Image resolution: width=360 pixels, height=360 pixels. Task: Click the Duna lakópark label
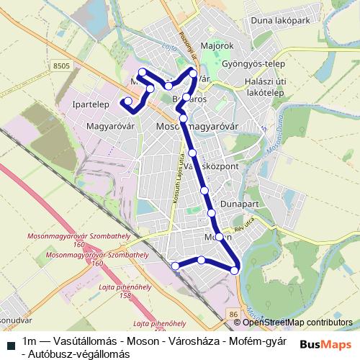pyautogui.click(x=282, y=21)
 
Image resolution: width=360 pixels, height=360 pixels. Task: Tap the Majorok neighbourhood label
pyautogui.click(x=220, y=46)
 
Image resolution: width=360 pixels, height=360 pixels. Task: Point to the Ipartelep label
pyautogui.click(x=91, y=105)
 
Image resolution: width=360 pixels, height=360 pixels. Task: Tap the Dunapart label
pyautogui.click(x=240, y=204)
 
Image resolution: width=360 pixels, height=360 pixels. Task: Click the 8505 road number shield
pyautogui.click(x=62, y=66)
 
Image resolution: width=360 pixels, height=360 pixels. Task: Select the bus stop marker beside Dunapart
pyautogui.click(x=212, y=213)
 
